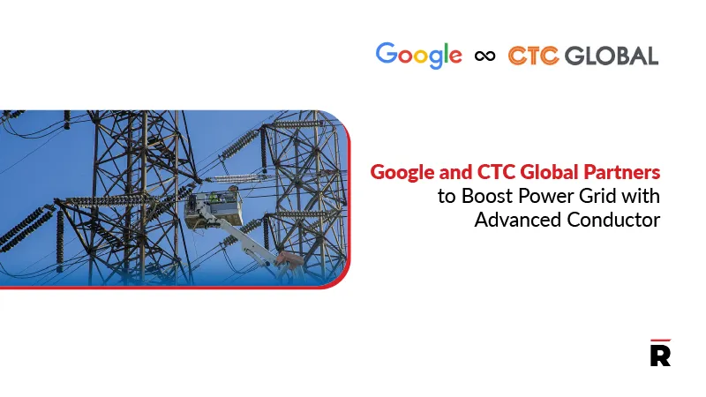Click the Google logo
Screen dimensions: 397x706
pyautogui.click(x=418, y=55)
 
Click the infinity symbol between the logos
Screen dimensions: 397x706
pyautogui.click(x=484, y=56)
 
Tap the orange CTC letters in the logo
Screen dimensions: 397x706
pyautogui.click(x=532, y=56)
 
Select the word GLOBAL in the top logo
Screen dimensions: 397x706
pyautogui.click(x=611, y=56)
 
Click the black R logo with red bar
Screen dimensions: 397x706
pyautogui.click(x=659, y=353)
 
